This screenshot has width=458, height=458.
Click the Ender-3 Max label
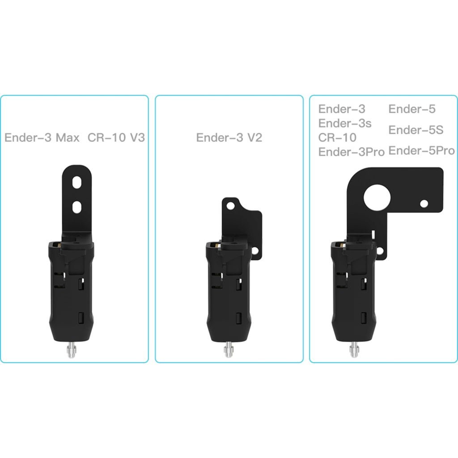[42, 138]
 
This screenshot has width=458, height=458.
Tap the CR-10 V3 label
[116, 138]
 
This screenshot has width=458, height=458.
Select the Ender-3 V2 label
[229, 138]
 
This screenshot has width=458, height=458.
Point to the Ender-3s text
[345, 123]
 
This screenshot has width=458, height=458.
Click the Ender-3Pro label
[351, 152]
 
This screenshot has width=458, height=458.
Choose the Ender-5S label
[416, 130]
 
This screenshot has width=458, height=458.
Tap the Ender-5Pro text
[421, 151]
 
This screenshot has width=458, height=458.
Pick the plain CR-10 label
[337, 138]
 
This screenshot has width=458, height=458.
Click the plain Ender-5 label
[412, 109]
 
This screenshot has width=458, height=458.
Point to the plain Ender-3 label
[342, 109]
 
